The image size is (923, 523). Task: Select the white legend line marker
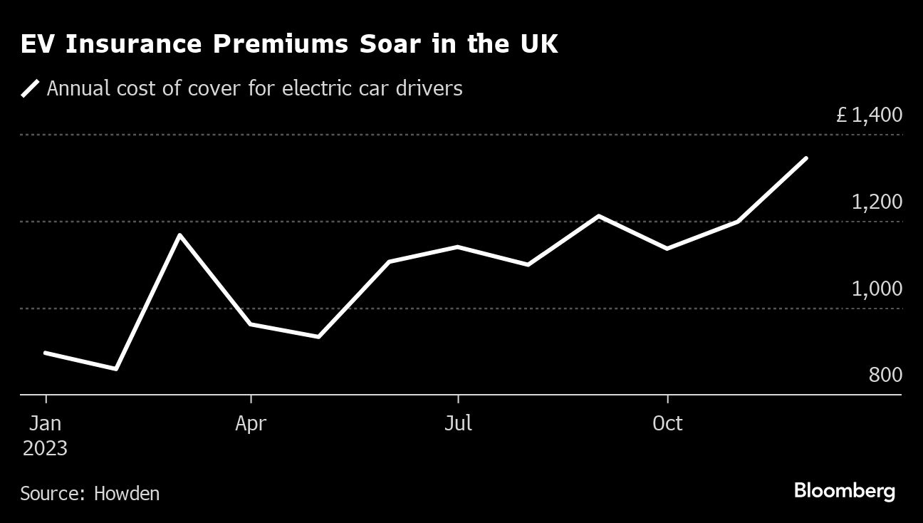tap(31, 89)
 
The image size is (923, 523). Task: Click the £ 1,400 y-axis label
tap(869, 115)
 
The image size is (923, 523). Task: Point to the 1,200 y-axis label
tap(877, 202)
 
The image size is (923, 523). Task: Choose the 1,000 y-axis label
tap(877, 289)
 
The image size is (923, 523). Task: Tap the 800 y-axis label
tap(885, 375)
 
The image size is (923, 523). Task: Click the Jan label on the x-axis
tap(45, 423)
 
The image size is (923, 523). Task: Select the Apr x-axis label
tap(251, 423)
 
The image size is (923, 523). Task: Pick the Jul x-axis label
tap(458, 423)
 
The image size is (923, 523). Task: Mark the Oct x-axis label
tap(667, 423)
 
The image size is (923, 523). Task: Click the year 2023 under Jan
tap(45, 449)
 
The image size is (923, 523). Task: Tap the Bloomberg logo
tap(844, 491)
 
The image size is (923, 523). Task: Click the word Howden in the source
tap(127, 493)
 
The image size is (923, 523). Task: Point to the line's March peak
tap(181, 234)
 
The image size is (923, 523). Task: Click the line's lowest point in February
tap(115, 369)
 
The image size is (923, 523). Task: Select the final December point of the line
tap(806, 157)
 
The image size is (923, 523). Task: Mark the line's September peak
tap(599, 215)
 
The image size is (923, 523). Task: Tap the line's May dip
tap(318, 337)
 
